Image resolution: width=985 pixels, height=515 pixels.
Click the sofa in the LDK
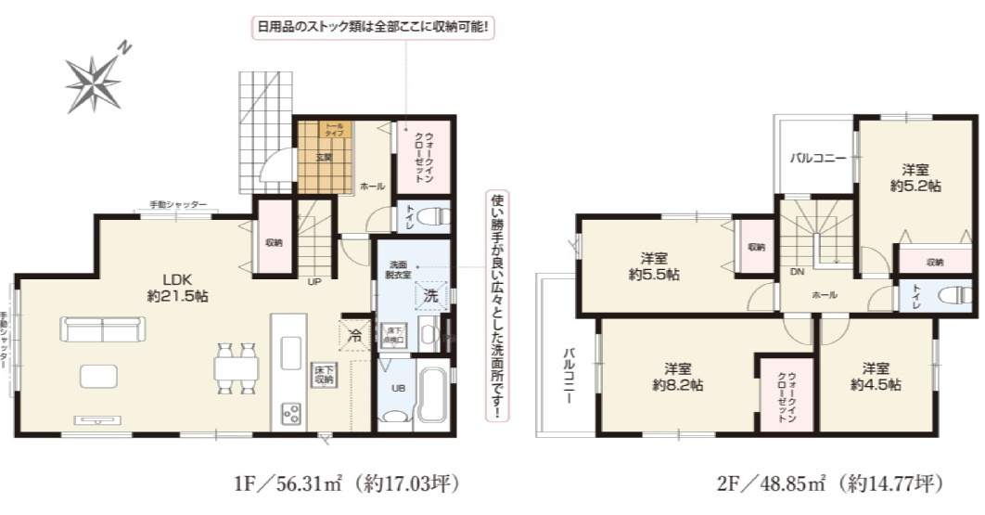click(103, 329)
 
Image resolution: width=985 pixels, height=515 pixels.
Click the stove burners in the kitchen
click(290, 412)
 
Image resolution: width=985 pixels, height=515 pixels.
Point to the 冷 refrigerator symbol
click(354, 335)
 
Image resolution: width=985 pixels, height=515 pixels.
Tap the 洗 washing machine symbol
click(431, 297)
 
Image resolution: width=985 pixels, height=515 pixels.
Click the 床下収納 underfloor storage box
click(323, 375)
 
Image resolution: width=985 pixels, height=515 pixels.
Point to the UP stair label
click(315, 281)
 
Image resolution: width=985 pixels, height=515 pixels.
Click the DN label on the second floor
click(797, 273)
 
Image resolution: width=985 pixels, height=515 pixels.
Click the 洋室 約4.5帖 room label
click(875, 376)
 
